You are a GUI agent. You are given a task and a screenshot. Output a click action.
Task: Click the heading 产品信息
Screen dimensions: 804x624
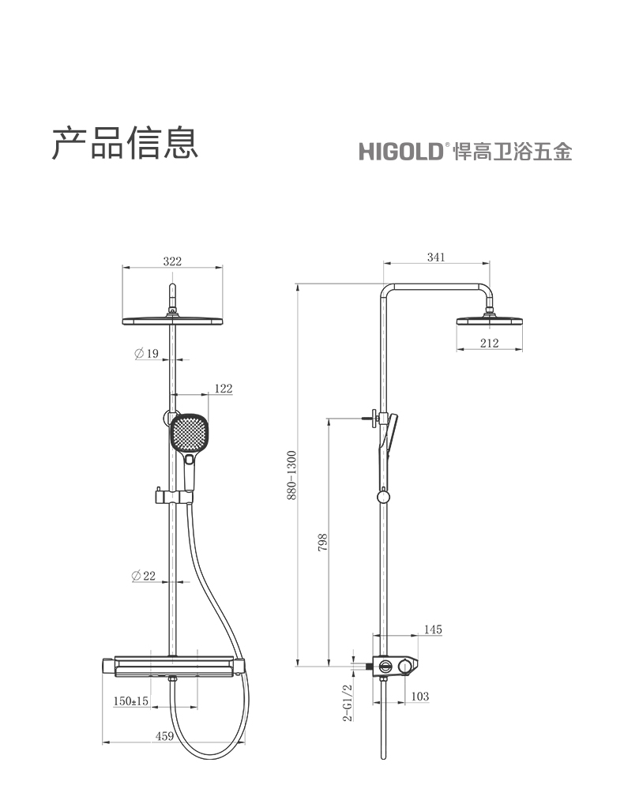[x=125, y=143]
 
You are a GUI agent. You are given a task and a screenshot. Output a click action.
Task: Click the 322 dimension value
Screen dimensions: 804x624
[x=172, y=261]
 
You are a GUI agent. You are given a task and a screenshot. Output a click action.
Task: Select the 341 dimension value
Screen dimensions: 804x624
[x=436, y=257]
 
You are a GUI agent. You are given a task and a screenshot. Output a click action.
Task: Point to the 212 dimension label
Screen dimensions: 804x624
[x=490, y=343]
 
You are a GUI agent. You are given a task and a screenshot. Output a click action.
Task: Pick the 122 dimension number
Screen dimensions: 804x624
[x=224, y=389]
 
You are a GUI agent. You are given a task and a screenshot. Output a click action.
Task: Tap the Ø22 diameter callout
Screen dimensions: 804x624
[x=144, y=576]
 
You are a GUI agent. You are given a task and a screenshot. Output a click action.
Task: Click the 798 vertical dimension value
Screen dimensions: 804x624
[x=322, y=543]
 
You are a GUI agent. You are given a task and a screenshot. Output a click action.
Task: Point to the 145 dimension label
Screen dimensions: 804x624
[x=433, y=629]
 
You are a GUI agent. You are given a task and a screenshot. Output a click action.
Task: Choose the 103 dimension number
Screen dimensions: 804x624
[x=420, y=696]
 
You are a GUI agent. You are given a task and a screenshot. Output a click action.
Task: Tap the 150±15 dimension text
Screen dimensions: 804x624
[x=131, y=701]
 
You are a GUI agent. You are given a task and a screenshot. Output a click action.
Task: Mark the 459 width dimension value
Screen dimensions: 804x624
[x=164, y=736]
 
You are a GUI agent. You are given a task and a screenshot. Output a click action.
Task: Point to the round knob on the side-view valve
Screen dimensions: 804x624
[x=406, y=666]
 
